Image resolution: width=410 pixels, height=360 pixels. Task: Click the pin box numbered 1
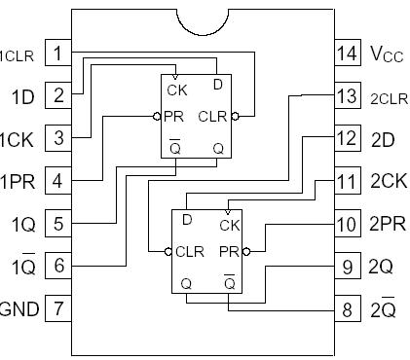tap(59, 53)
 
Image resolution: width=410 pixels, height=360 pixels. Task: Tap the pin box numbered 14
tap(346, 53)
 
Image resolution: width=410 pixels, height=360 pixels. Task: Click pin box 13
tap(346, 95)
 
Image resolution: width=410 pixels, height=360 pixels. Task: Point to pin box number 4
tap(59, 180)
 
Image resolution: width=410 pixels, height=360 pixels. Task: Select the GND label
tap(19, 309)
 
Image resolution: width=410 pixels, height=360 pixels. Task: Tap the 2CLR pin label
tap(388, 97)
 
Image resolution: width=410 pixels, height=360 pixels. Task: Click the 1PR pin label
tap(19, 182)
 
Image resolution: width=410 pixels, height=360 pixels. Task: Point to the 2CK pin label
tap(389, 182)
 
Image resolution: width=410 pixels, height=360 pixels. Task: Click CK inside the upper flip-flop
tap(176, 91)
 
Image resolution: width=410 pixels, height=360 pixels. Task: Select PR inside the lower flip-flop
tap(229, 251)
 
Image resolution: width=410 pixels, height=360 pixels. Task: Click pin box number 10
tap(346, 223)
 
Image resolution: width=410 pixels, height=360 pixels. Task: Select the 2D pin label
tap(383, 139)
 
